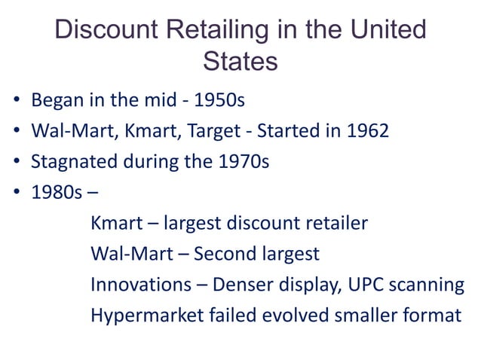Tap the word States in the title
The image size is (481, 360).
[x=240, y=61]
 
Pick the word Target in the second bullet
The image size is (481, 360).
[x=215, y=132]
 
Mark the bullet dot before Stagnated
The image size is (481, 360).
[x=16, y=163]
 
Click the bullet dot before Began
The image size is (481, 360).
[x=16, y=101]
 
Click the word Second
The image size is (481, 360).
[x=224, y=254]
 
